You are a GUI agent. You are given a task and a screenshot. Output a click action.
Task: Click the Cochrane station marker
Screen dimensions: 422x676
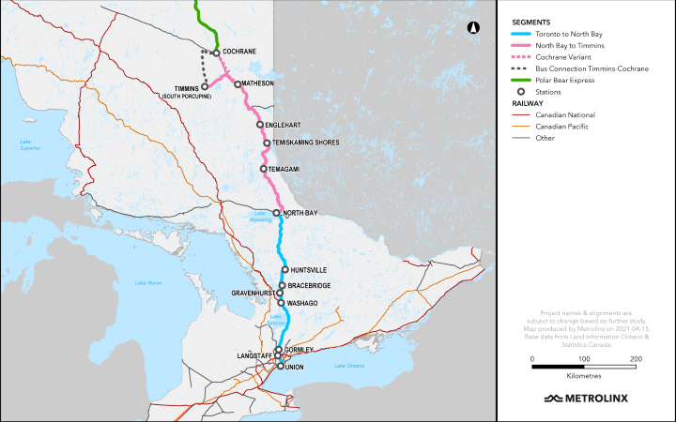click(216, 53)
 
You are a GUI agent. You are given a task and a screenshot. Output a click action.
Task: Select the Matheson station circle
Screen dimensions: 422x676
click(238, 83)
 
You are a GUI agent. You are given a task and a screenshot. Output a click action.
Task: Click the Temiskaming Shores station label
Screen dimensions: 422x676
click(307, 143)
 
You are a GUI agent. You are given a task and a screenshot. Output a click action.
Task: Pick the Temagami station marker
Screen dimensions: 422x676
click(264, 169)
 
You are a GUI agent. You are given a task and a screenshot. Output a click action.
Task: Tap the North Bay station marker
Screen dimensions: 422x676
click(276, 213)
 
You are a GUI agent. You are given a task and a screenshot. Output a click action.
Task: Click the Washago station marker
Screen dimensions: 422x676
click(281, 303)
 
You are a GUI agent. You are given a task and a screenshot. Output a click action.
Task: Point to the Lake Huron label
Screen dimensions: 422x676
click(148, 283)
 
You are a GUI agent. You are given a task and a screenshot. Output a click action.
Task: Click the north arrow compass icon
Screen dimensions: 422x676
click(474, 28)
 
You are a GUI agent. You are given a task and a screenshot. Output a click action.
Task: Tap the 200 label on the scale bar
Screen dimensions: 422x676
click(637, 359)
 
